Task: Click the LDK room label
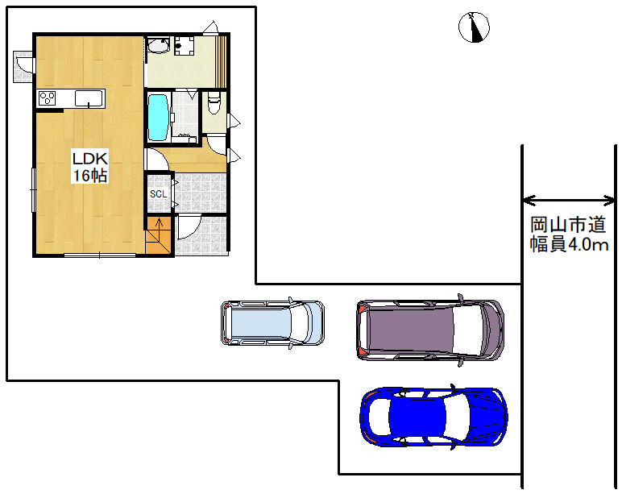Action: point(89,159)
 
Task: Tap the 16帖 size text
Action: point(89,175)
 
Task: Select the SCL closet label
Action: point(158,194)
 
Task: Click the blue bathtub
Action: point(158,117)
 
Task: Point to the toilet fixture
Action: point(214,102)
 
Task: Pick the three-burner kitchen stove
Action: point(47,98)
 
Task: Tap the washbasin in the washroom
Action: point(158,45)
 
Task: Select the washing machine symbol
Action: point(184,46)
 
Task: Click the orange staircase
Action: point(160,235)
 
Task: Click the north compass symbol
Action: point(474,27)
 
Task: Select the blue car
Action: point(433,417)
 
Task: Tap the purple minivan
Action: point(430,330)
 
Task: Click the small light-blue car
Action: point(272,322)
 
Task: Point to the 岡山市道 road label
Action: point(568,225)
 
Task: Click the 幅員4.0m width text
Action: point(570,244)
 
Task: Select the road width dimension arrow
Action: point(569,201)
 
